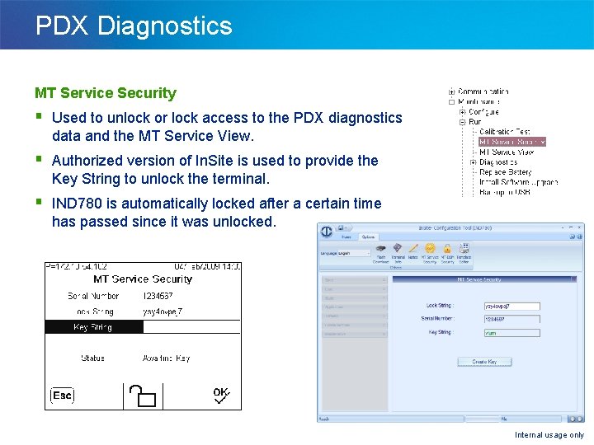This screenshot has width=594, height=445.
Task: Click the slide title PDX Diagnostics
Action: click(x=134, y=26)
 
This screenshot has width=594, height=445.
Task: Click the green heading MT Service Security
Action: click(x=106, y=93)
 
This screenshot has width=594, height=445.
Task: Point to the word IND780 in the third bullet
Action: click(x=78, y=204)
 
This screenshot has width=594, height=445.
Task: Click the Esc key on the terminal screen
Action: click(x=62, y=396)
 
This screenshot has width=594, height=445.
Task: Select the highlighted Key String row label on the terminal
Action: click(x=92, y=327)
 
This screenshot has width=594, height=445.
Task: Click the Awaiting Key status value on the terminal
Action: click(x=167, y=358)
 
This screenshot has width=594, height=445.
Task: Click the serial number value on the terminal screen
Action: click(x=158, y=296)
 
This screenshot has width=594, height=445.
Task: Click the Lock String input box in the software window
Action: click(x=511, y=306)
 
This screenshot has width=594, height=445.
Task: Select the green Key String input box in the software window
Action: click(x=511, y=333)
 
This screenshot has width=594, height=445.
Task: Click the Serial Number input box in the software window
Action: click(x=511, y=319)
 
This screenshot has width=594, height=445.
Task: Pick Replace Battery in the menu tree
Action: click(x=506, y=172)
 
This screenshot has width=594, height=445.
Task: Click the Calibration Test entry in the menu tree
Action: click(x=505, y=132)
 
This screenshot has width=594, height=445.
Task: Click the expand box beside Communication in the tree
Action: click(x=452, y=91)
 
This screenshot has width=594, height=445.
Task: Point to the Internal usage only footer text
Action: click(x=549, y=435)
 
